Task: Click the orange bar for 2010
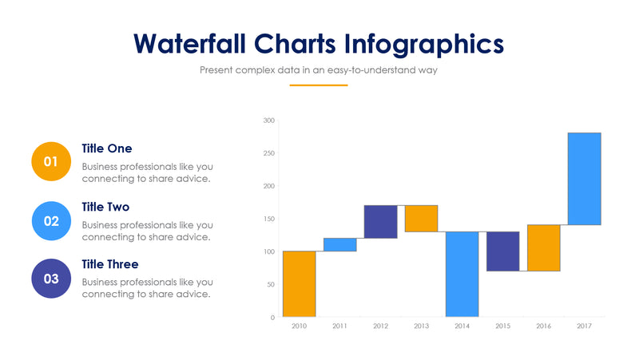click(299, 284)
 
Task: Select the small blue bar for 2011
click(339, 244)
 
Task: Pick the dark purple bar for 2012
click(380, 221)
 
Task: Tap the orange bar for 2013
click(421, 218)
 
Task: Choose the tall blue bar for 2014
click(462, 274)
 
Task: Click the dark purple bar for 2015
click(502, 251)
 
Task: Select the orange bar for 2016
click(543, 247)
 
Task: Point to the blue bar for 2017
click(584, 179)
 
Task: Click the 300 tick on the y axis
click(269, 121)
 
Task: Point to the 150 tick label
click(269, 219)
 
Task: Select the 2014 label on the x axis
click(462, 326)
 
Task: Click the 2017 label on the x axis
click(584, 326)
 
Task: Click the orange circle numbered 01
click(50, 162)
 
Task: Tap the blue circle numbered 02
click(50, 221)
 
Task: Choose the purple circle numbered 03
click(50, 279)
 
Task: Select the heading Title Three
click(110, 264)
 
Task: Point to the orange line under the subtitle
click(319, 85)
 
